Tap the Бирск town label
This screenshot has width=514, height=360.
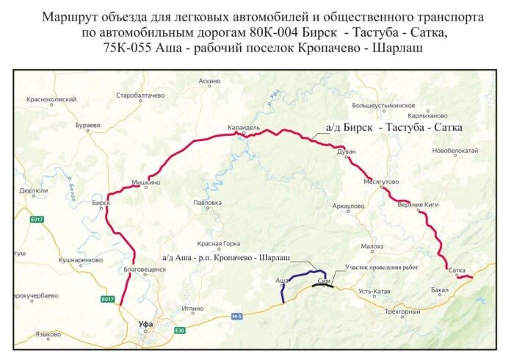[x=101, y=202]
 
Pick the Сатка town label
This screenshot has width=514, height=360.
[x=457, y=271]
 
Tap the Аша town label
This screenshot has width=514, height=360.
[x=281, y=281]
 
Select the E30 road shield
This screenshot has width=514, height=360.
[x=180, y=330]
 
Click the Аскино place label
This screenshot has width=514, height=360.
[x=209, y=81]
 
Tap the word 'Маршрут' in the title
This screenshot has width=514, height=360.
[x=71, y=15]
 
